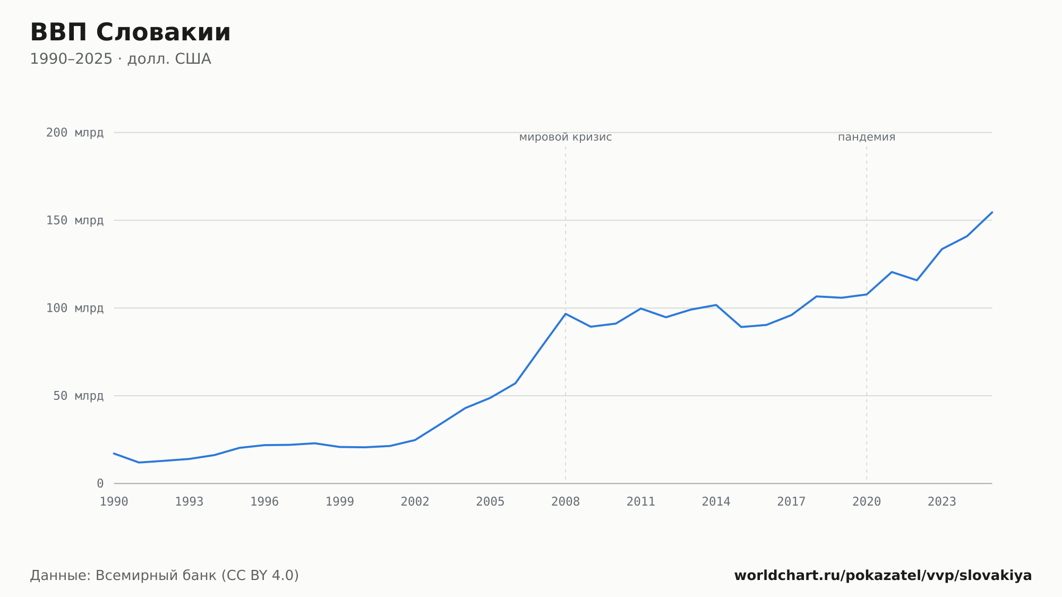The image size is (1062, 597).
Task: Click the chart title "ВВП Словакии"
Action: pos(130,32)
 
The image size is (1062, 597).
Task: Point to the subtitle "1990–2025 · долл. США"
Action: pos(121,59)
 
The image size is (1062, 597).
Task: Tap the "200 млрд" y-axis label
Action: pos(75,133)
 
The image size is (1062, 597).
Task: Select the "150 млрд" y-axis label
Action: pos(75,220)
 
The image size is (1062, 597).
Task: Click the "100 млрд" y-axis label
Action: pos(75,308)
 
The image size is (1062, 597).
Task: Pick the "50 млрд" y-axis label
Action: pos(78,396)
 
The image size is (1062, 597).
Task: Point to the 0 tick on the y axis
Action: pos(100,484)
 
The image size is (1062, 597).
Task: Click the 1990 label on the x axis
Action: pos(114,502)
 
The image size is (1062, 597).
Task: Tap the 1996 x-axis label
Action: pos(264,502)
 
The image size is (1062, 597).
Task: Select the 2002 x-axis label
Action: pos(415,502)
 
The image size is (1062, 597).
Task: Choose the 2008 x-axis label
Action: pos(566,502)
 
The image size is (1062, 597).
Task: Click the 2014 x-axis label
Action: pos(716,502)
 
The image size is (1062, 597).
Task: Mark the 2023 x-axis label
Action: pos(942,502)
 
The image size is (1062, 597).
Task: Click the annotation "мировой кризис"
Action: pos(566,138)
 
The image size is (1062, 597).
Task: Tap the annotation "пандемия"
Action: pos(867,138)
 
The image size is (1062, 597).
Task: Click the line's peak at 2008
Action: pos(566,314)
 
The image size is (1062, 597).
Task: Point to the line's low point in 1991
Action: pos(139,463)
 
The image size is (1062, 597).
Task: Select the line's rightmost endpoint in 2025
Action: pos(992,212)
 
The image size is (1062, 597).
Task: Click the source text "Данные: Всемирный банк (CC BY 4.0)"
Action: pos(165,576)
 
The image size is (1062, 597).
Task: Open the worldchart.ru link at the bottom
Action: pos(883,576)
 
